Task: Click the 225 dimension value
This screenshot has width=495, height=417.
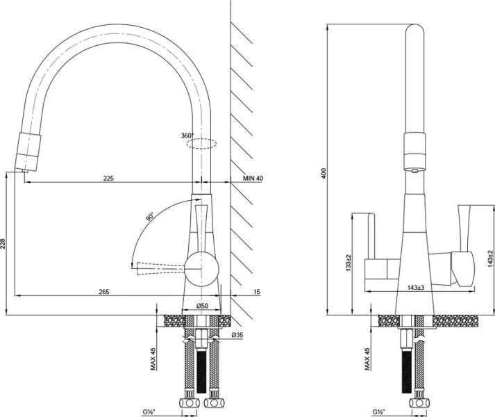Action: (x=108, y=179)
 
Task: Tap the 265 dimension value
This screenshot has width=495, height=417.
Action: (x=104, y=291)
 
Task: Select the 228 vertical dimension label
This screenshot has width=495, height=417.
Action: (x=3, y=243)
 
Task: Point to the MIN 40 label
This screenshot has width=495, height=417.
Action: (x=253, y=179)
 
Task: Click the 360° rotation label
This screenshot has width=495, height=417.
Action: (x=187, y=136)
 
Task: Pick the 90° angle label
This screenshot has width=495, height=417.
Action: (x=150, y=217)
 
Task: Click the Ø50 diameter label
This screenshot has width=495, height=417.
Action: (x=202, y=306)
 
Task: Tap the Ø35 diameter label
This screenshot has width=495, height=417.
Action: (x=237, y=335)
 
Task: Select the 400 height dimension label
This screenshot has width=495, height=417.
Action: (x=324, y=173)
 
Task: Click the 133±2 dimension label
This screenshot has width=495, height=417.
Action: (x=349, y=263)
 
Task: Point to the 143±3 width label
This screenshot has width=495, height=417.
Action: (x=416, y=288)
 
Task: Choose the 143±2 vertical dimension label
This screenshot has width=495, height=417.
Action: (x=490, y=259)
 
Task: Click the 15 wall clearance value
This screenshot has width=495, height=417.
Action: (x=257, y=291)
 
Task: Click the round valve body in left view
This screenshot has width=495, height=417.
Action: (x=201, y=269)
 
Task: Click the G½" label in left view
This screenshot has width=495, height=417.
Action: (x=149, y=412)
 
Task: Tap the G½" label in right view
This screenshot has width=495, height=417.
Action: (x=379, y=412)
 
